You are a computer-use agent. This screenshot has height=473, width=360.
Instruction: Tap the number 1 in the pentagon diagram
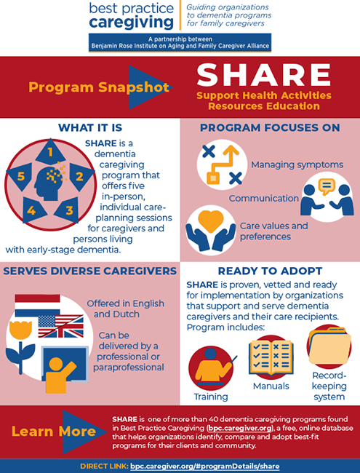pyautogui.click(x=50, y=153)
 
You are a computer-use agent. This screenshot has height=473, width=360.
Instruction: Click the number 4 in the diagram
pyautogui.click(x=31, y=210)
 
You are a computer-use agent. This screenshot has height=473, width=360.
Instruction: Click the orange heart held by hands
pyautogui.click(x=211, y=220)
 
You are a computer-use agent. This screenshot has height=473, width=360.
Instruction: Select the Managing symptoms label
pyautogui.click(x=287, y=164)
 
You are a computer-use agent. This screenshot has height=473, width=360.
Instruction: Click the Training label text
pyautogui.click(x=210, y=397)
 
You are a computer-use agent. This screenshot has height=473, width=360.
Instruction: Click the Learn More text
pyautogui.click(x=53, y=432)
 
